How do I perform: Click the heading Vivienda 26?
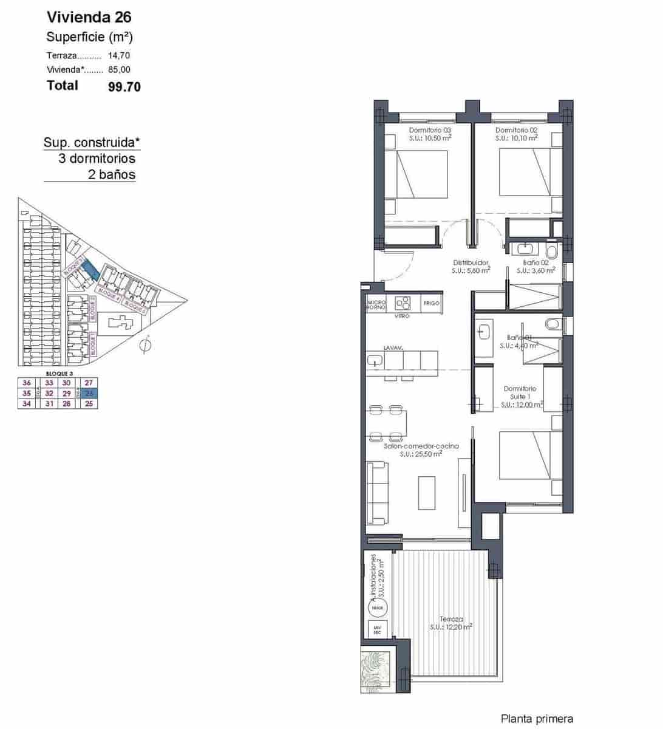pos(89,17)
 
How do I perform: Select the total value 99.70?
pos(124,87)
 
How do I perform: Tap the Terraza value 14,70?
pos(119,55)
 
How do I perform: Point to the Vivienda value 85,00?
pos(119,70)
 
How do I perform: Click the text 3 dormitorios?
pos(97,159)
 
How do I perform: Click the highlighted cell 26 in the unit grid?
pos(89,393)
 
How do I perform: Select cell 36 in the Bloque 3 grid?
pos(27,383)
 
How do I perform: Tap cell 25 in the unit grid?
pos(89,403)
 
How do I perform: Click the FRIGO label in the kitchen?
pos(431,303)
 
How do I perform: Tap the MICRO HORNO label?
pos(376,304)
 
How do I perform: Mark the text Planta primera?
pos(537,719)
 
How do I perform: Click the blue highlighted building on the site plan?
pos(89,269)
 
